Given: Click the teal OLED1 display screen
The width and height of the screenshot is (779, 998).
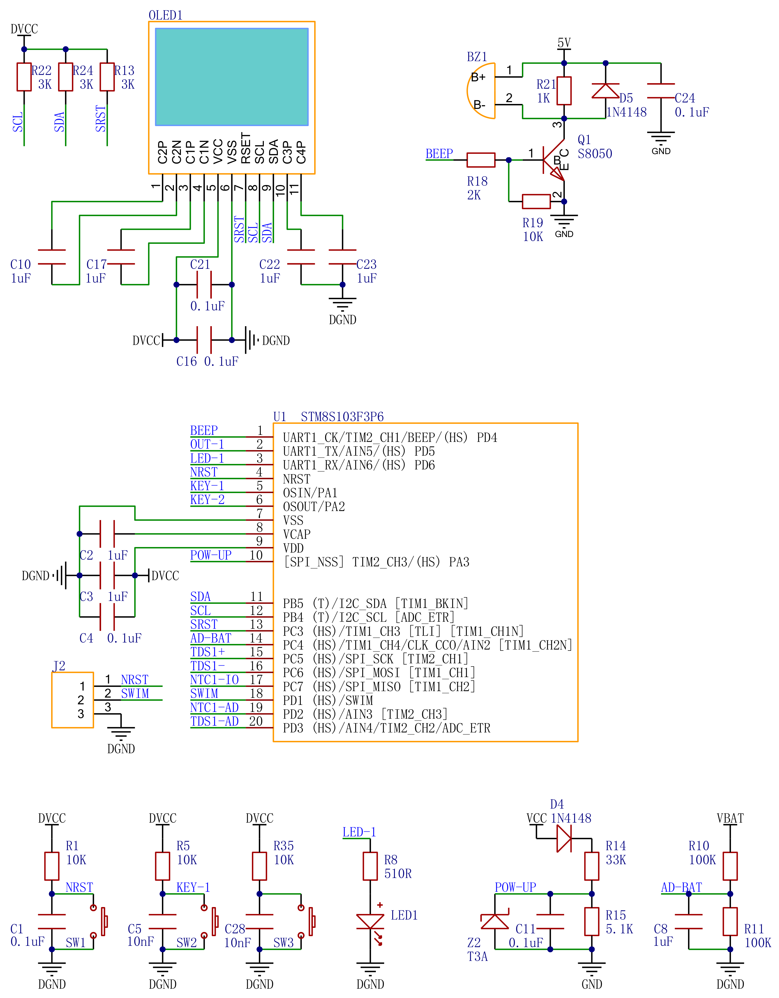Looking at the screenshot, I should [x=232, y=77].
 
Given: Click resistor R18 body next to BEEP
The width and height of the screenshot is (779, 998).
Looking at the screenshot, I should [x=481, y=160].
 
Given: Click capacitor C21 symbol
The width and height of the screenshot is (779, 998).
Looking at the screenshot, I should [x=204, y=284].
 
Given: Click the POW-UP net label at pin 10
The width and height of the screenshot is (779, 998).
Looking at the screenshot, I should [x=211, y=555].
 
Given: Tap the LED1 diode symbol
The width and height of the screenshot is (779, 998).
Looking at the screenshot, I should [x=370, y=921].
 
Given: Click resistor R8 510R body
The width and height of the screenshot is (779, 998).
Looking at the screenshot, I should [x=370, y=866].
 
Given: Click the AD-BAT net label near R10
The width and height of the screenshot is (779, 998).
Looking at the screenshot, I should [x=681, y=888].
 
